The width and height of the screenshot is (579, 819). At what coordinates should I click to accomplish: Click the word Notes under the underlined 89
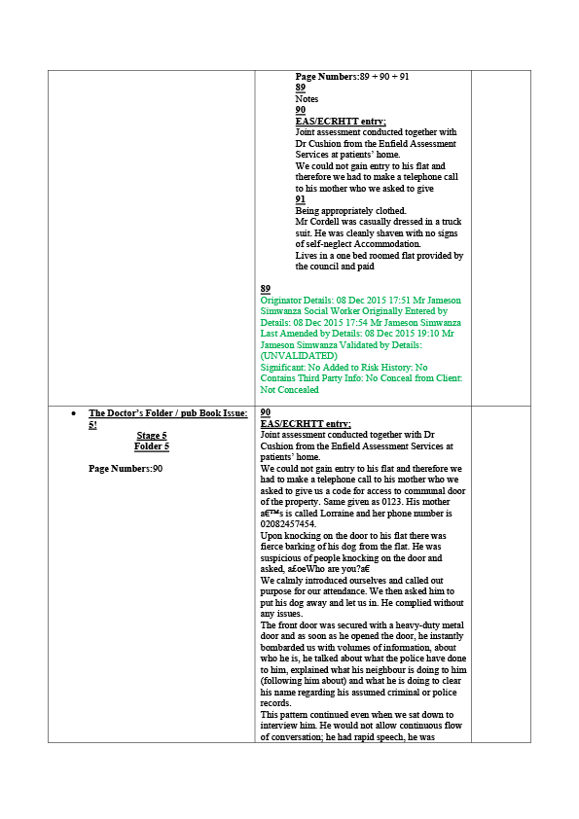coord(307,98)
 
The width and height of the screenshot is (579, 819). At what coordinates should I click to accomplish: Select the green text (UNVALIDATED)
coord(299,356)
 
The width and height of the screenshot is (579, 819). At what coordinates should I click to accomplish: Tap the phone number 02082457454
coord(288,524)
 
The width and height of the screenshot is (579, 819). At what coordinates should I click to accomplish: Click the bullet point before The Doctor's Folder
coord(74,413)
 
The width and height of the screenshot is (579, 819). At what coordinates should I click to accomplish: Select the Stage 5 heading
coord(152,435)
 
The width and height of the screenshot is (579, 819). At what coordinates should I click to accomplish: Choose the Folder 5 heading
coord(152,446)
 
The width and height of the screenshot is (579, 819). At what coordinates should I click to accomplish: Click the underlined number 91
coord(301,199)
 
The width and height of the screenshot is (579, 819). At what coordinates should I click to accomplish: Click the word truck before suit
coord(451,222)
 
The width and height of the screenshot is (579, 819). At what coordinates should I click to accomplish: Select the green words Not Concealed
coord(290,390)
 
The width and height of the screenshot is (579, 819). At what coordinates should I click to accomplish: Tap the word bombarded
coord(281,647)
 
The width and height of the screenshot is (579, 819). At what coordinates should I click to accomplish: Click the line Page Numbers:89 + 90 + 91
coord(352,76)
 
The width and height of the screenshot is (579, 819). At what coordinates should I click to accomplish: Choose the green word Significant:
coord(283,368)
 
